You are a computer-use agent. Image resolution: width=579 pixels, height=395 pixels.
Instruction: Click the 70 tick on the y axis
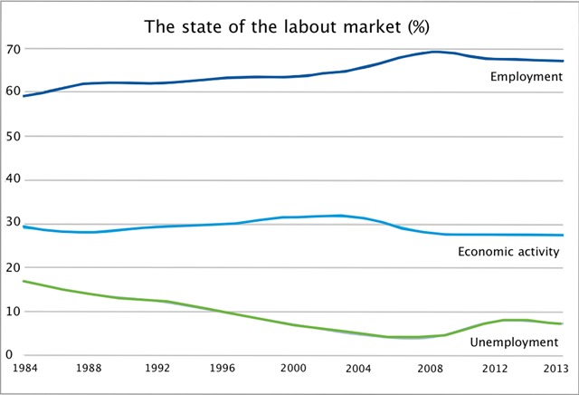click(12, 48)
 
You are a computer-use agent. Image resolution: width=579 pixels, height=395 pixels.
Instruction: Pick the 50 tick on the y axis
click(12, 136)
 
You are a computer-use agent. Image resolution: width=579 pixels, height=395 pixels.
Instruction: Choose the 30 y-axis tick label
click(12, 224)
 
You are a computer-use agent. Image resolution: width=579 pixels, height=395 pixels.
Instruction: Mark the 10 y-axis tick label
click(12, 312)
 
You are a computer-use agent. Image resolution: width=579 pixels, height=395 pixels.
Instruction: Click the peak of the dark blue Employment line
click(436, 52)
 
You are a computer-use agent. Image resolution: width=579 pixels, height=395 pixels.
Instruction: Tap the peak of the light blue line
click(339, 216)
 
